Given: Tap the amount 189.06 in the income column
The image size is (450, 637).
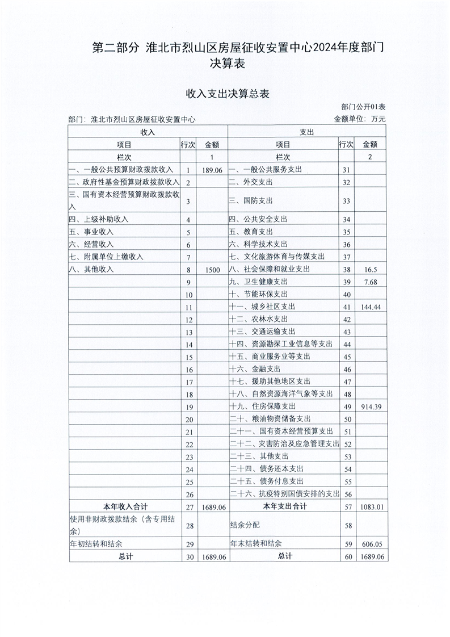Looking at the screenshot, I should [x=212, y=170].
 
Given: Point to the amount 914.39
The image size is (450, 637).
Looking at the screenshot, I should [x=372, y=406].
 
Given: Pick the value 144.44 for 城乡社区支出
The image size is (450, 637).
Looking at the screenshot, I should [x=372, y=307].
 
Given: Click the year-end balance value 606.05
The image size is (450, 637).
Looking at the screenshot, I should [x=372, y=544].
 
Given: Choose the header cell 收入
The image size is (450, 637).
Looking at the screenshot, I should [x=148, y=132].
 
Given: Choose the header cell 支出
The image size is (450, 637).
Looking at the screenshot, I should [x=307, y=132].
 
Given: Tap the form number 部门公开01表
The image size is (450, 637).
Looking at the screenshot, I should [x=363, y=107].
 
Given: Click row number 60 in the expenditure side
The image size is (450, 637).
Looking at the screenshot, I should [x=347, y=556].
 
